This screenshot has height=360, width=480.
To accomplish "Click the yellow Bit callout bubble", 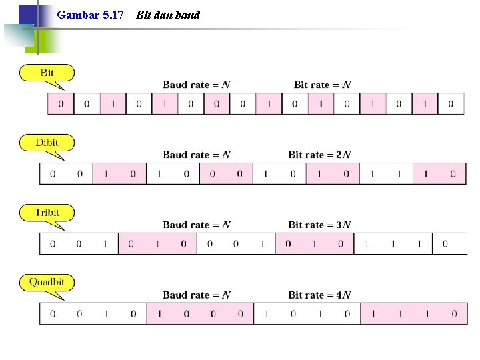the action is click(47, 73).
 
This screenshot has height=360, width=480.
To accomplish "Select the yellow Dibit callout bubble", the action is click(47, 143).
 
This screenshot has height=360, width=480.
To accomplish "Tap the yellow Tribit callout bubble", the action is click(47, 213).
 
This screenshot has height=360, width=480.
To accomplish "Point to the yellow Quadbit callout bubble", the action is click(47, 282).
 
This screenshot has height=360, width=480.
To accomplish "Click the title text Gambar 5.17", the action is click(90, 15).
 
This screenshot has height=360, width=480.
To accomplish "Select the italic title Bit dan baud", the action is click(168, 15).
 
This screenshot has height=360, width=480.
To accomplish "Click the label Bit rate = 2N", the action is click(319, 155).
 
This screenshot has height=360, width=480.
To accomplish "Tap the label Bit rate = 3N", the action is click(319, 225).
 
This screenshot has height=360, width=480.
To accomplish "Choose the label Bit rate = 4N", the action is click(319, 295).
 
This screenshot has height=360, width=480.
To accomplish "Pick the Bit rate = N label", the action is click(323, 85).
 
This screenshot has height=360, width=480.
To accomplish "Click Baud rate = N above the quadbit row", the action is click(197, 295).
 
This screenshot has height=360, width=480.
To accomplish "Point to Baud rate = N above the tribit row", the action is click(197, 225).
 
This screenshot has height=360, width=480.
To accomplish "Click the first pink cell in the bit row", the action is click(61, 104).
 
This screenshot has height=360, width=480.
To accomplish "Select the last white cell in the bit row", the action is click(451, 104).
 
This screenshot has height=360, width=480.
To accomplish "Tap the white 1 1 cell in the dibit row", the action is click(386, 173).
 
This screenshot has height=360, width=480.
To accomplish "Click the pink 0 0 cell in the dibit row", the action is click(226, 173).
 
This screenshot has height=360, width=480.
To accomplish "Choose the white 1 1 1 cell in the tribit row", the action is click(393, 244).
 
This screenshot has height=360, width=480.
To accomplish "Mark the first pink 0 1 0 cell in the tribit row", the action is click(157, 244).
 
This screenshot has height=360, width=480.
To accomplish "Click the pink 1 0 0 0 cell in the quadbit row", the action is click(200, 314).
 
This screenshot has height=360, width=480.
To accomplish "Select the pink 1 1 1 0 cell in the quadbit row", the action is click(414, 314).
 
